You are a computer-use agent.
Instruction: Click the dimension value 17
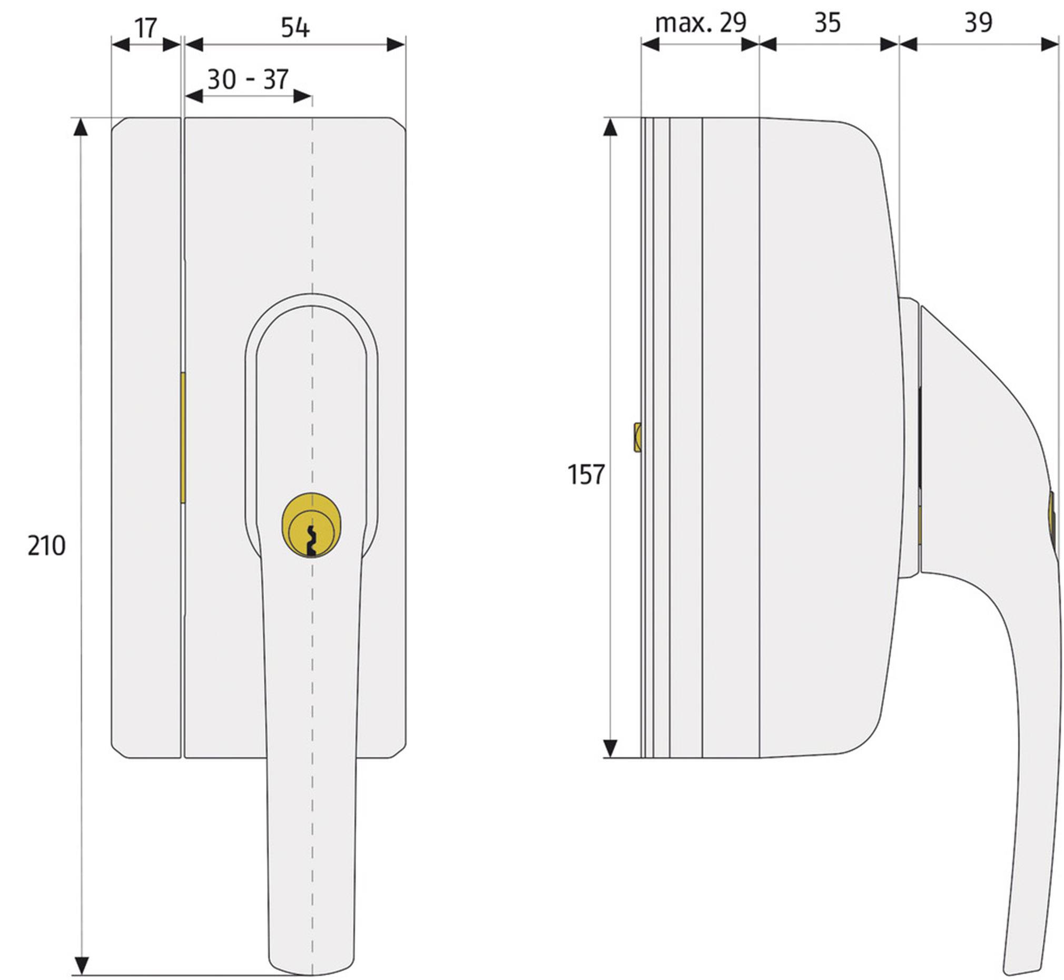pyautogui.click(x=145, y=27)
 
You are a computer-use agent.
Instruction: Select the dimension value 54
pyautogui.click(x=295, y=27)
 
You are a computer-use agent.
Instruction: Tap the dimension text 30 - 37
pyautogui.click(x=248, y=80)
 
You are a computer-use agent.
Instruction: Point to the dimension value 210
pyautogui.click(x=46, y=546)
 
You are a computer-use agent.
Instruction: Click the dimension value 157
pyautogui.click(x=586, y=474)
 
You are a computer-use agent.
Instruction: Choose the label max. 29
pyautogui.click(x=701, y=23)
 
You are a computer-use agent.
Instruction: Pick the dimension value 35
pyautogui.click(x=827, y=23)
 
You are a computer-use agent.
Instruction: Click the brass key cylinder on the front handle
pyautogui.click(x=311, y=525)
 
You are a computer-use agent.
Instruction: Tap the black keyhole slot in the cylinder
pyautogui.click(x=311, y=541)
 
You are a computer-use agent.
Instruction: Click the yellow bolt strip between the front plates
pyautogui.click(x=182, y=438)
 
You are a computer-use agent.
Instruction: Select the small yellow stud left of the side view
pyautogui.click(x=637, y=438)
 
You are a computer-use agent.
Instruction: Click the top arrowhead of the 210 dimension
pyautogui.click(x=81, y=126)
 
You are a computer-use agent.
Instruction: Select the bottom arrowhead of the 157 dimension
pyautogui.click(x=610, y=748)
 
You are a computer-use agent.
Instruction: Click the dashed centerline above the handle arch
pyautogui.click(x=312, y=212)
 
